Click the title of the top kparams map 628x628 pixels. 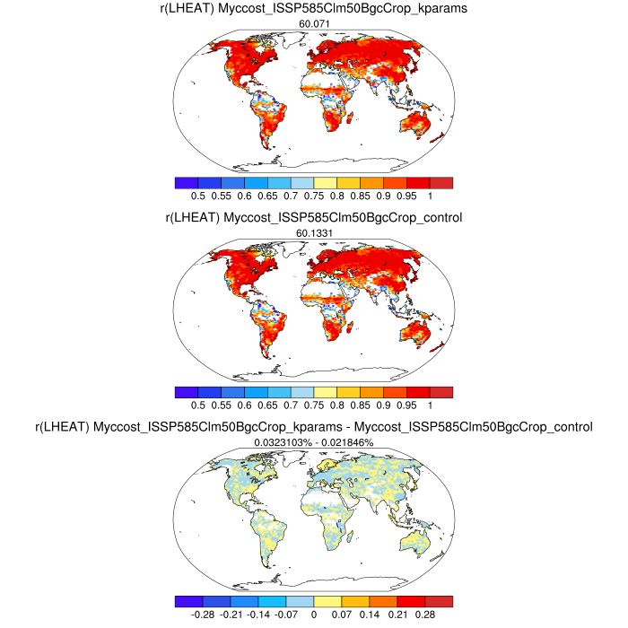pos(314,10)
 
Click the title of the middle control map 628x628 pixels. pos(314,218)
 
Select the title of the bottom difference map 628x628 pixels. pos(314,428)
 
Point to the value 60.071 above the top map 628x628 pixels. pos(314,24)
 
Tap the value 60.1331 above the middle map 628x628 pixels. pos(314,233)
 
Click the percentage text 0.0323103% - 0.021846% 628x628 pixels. pos(314,442)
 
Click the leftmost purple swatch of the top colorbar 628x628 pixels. pos(188,182)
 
